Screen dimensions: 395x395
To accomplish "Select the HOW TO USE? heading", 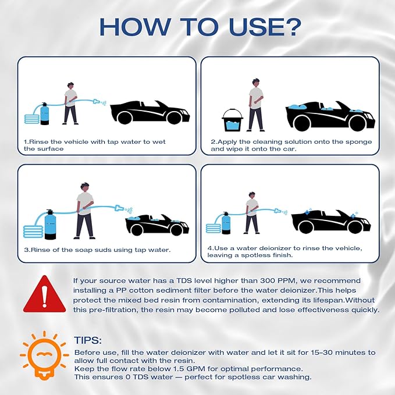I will pyautogui.click(x=197, y=27).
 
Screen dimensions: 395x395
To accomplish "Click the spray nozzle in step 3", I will pyautogui.click(x=120, y=207).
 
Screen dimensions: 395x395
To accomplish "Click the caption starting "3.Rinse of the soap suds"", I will pyautogui.click(x=97, y=250).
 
